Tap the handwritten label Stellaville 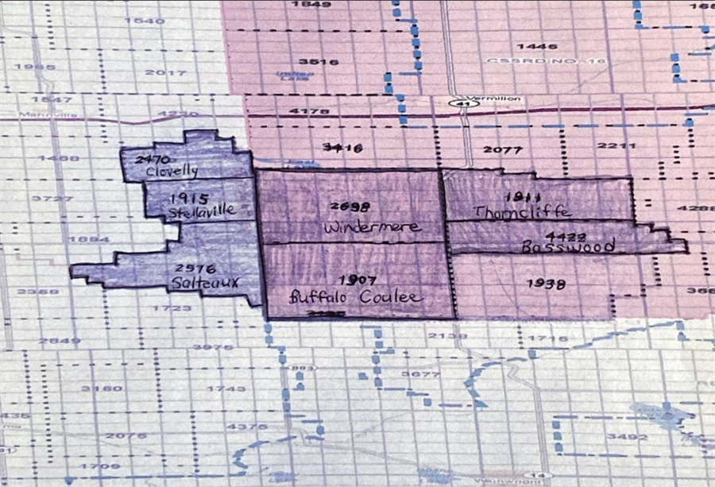tap(202, 212)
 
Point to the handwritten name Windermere tap(360, 227)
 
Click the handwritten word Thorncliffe tap(521, 211)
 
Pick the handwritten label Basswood tap(568, 247)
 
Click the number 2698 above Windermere tap(350, 207)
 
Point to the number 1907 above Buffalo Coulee tap(357, 280)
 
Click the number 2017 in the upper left tap(165, 72)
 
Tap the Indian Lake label tap(290, 75)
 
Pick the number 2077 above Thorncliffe tap(502, 149)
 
